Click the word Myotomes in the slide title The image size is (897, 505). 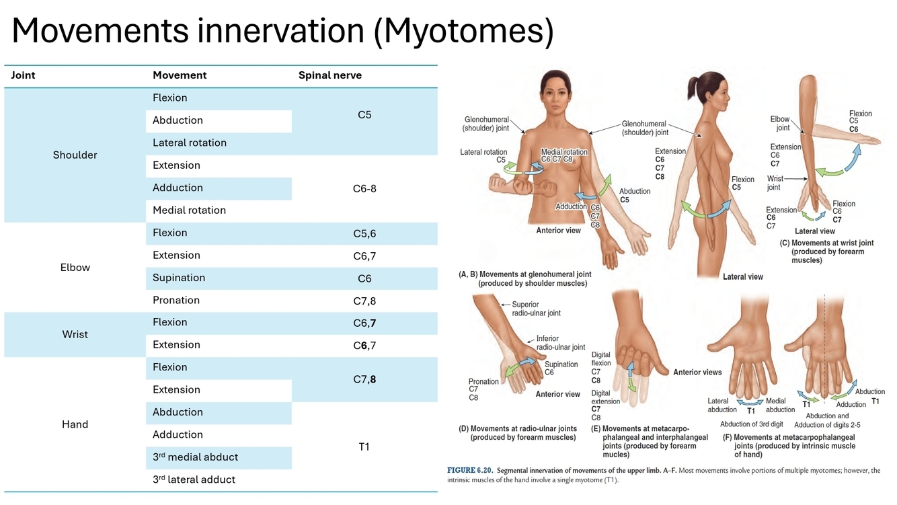point(463,32)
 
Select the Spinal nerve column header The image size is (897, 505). point(329,75)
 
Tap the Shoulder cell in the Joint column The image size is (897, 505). point(75,155)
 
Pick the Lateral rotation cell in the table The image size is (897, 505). point(189,143)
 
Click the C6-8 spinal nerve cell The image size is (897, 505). point(364,188)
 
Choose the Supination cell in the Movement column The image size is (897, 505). point(178,278)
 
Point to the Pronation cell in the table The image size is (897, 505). point(175,300)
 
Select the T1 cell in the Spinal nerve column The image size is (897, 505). point(364,446)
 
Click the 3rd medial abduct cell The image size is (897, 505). point(195,457)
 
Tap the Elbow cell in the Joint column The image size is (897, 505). point(75,267)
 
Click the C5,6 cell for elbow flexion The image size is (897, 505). point(364,233)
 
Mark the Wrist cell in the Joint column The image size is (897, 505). point(75,334)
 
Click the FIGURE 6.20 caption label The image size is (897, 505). point(469,471)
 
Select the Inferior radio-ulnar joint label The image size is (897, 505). point(560,343)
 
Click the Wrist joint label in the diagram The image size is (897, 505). point(775,183)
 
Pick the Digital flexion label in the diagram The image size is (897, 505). point(601,358)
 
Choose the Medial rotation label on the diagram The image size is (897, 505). point(563,152)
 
